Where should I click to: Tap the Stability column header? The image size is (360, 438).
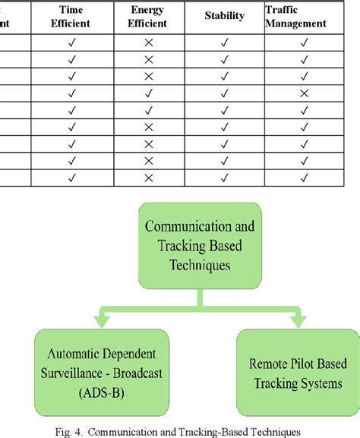pos(224,16)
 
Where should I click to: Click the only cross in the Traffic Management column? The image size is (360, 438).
pos(304,93)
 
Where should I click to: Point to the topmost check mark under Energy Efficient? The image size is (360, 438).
pos(149,93)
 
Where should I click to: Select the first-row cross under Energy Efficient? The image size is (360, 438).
pos(149,43)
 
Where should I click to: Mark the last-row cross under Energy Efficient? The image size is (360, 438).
pos(149,177)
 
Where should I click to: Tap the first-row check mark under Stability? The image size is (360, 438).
pos(224,43)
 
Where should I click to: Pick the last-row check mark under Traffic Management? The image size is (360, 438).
pos(304,177)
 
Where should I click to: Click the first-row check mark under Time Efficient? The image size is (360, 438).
pos(73,43)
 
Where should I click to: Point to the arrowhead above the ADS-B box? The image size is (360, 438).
pos(100,317)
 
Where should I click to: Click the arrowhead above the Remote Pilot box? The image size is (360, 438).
pos(295,317)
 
